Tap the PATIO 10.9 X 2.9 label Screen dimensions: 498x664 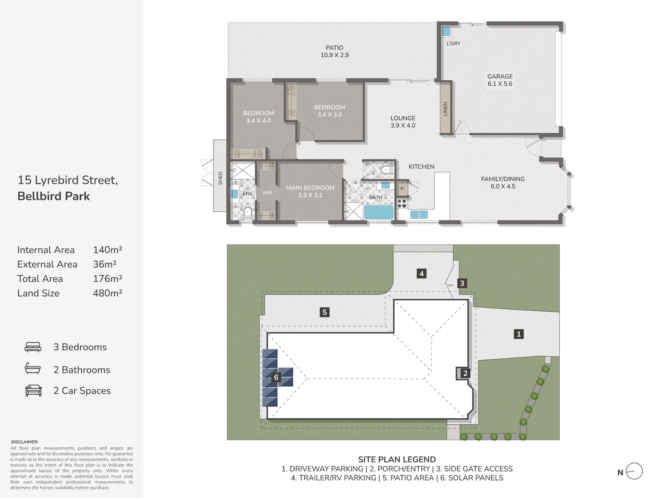(334, 51)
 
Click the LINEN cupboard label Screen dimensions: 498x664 (445, 109)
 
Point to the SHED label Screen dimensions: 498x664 (220, 178)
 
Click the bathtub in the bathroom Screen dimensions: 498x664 (379, 213)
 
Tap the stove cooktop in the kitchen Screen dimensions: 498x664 (402, 203)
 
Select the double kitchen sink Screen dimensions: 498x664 (419, 214)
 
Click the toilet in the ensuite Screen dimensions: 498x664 (248, 213)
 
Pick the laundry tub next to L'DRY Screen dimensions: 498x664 (445, 31)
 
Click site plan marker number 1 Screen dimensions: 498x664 (519, 334)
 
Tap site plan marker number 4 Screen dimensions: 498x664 (421, 273)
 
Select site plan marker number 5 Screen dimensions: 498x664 (325, 312)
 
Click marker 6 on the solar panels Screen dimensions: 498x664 (276, 377)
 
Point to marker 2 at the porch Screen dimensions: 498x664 (465, 373)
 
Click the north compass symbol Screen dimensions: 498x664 (634, 471)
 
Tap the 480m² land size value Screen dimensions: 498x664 (107, 293)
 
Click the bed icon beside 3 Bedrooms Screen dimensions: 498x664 (33, 347)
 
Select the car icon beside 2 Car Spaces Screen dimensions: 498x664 (33, 391)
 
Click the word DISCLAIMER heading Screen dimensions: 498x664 (25, 442)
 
